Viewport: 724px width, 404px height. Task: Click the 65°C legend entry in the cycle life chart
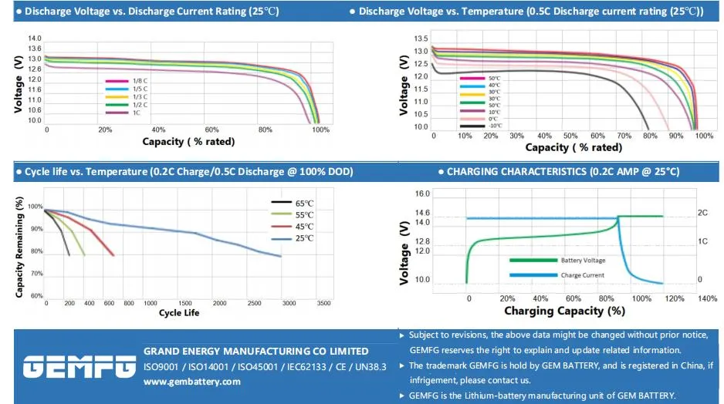(304, 203)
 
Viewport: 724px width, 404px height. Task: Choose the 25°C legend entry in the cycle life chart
(304, 238)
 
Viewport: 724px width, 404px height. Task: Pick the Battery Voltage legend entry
(583, 261)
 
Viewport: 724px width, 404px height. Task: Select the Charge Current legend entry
(583, 274)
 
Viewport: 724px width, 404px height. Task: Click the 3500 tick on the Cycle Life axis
(324, 304)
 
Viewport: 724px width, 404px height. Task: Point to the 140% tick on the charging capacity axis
(708, 298)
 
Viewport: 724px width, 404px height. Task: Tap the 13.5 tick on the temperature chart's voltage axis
(421, 39)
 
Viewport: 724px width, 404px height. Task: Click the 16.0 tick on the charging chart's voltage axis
(422, 194)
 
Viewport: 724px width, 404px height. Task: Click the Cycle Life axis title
(180, 313)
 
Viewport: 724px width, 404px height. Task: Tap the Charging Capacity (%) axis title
(564, 311)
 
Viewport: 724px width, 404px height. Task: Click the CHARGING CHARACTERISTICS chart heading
(563, 171)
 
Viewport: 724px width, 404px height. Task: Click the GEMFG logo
(79, 367)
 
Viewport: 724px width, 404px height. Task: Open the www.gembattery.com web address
(192, 382)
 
